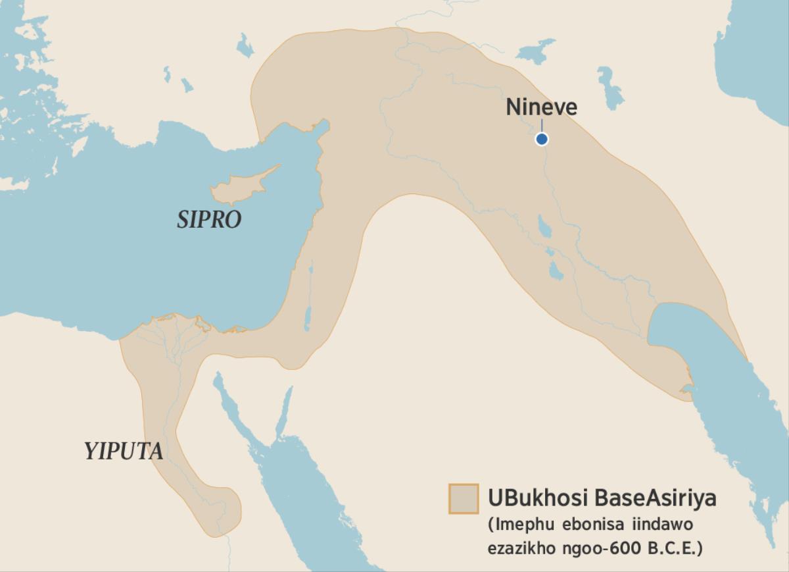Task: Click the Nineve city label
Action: tap(541, 107)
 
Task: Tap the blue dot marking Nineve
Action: tap(541, 139)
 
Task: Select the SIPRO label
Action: tap(209, 220)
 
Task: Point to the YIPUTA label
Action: tap(123, 452)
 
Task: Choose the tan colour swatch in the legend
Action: tap(463, 498)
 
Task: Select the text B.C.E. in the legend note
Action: tap(671, 548)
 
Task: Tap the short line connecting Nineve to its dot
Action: tap(541, 126)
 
